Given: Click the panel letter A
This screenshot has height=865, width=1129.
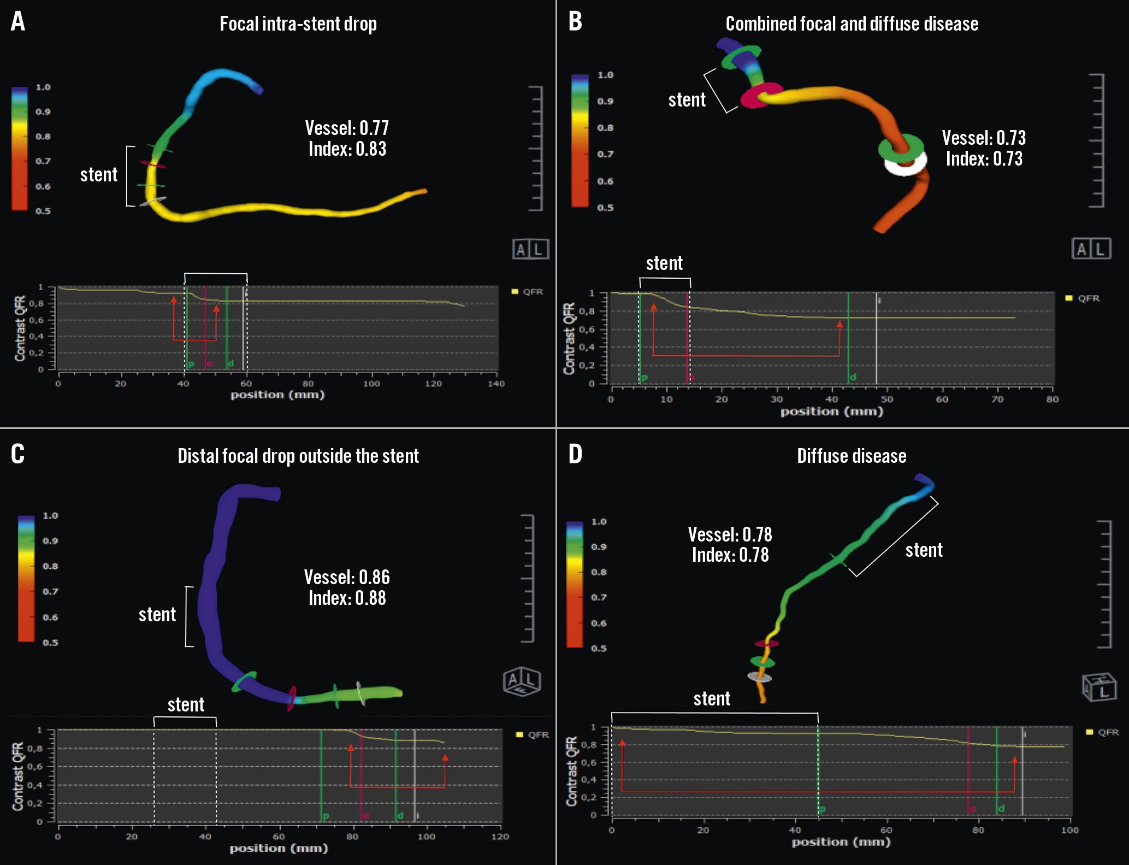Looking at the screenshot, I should click(18, 22).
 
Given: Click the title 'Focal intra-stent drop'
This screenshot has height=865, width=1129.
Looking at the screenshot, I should click(298, 24).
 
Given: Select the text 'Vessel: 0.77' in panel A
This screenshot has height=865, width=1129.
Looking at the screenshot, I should click(347, 128).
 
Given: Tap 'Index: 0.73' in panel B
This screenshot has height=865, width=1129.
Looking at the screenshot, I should click(984, 159).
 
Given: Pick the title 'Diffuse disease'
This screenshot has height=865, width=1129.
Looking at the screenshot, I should click(851, 456).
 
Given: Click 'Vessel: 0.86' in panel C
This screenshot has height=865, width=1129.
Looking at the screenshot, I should click(347, 577).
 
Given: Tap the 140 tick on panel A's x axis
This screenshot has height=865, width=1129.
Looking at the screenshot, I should click(496, 384).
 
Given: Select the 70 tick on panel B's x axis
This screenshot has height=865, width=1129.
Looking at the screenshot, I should click(997, 399).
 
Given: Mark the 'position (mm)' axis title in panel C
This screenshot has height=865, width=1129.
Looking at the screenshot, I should click(279, 848).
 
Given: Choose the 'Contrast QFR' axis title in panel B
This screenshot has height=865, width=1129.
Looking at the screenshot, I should click(569, 338).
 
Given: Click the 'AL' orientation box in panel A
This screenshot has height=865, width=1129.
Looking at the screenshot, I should click(530, 249).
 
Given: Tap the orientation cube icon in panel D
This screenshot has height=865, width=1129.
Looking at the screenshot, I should click(1098, 688).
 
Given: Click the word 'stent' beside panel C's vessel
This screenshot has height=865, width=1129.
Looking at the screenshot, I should click(157, 615).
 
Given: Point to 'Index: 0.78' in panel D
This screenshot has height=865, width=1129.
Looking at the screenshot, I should click(730, 555).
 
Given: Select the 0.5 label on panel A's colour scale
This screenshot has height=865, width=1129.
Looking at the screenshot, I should click(43, 211).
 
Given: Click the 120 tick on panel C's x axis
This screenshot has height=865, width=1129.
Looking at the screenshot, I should click(500, 837).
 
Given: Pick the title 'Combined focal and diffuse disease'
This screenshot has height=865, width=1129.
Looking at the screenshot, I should click(852, 24).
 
